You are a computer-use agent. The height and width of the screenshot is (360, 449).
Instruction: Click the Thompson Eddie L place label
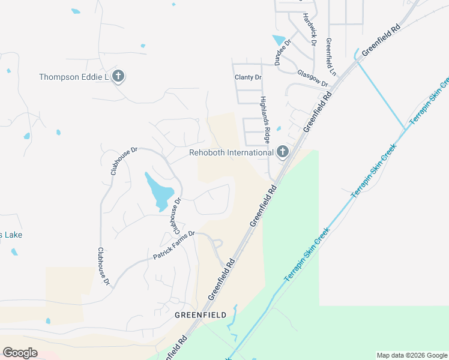click(x=73, y=77)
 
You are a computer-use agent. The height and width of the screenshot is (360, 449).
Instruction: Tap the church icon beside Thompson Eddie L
click(x=118, y=76)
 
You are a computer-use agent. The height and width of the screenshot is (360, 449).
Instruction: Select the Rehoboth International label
click(x=231, y=152)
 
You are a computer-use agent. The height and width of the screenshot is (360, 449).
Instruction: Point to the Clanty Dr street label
click(x=248, y=77)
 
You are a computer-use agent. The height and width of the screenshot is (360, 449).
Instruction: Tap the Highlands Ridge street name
click(x=265, y=119)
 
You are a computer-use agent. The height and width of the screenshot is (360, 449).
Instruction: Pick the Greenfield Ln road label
click(x=330, y=58)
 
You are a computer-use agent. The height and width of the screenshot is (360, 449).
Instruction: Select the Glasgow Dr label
click(x=312, y=79)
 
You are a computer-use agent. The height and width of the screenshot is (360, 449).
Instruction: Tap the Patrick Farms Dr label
click(x=174, y=245)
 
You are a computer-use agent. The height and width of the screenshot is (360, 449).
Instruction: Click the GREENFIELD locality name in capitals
click(x=200, y=314)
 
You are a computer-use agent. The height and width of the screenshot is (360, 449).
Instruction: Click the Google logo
click(x=20, y=353)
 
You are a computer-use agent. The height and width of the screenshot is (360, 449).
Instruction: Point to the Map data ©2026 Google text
click(x=412, y=355)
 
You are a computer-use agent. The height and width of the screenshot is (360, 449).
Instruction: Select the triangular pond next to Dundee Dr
click(x=279, y=41)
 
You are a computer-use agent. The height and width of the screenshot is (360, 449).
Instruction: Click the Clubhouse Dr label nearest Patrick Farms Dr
click(x=175, y=217)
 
